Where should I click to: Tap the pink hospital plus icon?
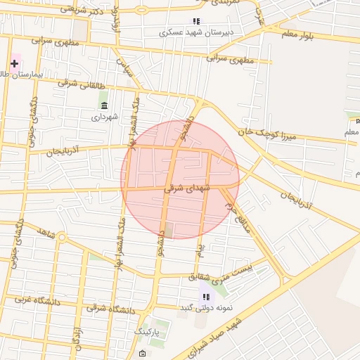pos(14,63)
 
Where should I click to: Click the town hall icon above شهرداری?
pos(105,105)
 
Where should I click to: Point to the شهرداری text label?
pos(105,117)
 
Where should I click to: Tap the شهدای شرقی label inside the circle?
pos(183,188)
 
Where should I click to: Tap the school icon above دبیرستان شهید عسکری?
pos(196,21)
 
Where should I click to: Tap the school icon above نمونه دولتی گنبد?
pos(206,297)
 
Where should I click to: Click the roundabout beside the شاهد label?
pos(62,237)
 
